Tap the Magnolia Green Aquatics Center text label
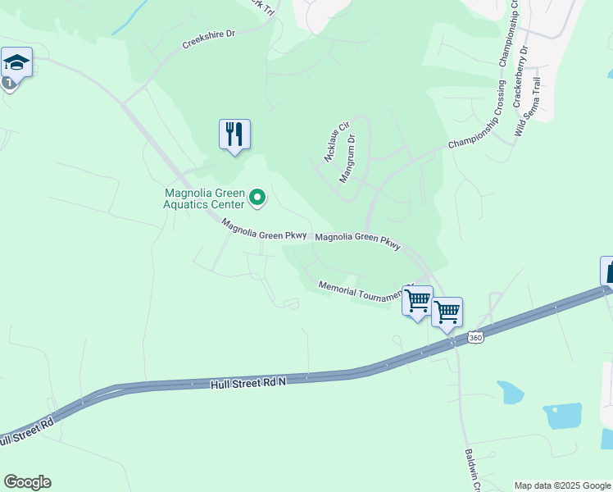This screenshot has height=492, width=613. pos(204,199)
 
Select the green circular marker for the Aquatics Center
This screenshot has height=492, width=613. pos(257,197)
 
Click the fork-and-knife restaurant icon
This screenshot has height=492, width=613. pos(234,134)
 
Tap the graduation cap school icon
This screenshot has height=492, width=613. pos(16,62)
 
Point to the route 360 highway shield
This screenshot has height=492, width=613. pos(475,337)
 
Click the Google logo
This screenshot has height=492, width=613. pos(27,482)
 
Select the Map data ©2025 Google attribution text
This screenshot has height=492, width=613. pos(562,485)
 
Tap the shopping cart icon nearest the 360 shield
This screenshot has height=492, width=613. pos(447,312)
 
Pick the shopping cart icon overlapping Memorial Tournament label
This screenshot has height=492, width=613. pos(417,300)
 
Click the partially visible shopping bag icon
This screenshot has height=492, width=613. pos(607,271)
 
